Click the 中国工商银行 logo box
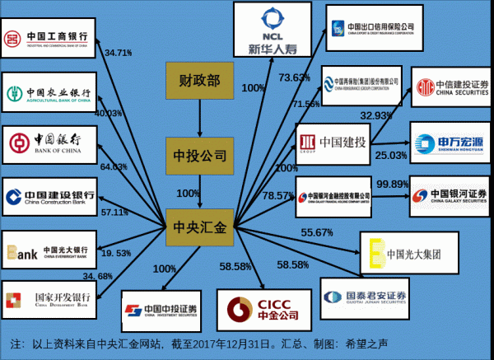(x=49, y=39)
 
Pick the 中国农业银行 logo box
(x=49, y=91)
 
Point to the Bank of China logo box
(x=49, y=145)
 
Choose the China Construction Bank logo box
(x=49, y=197)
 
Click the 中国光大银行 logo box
(x=49, y=250)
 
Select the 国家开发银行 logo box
(x=49, y=298)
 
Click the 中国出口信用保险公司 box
(x=370, y=30)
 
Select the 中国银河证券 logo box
(x=449, y=195)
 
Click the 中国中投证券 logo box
(x=161, y=311)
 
